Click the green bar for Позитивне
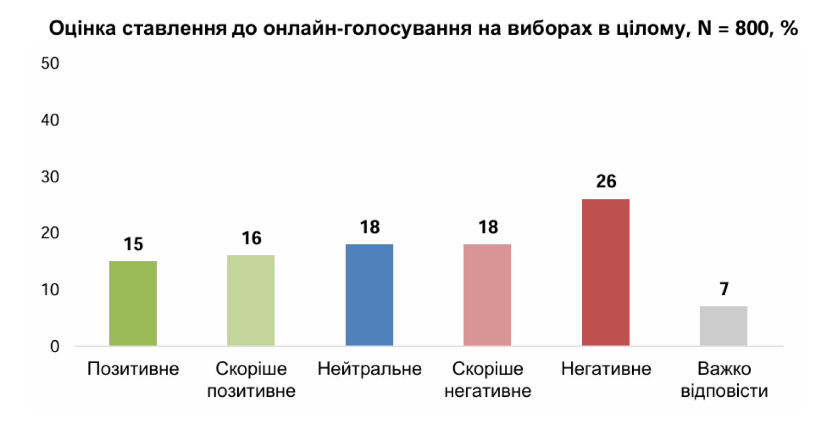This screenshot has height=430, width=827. click(133, 303)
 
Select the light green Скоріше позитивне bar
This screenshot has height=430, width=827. click(251, 300)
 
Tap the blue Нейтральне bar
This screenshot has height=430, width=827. click(369, 294)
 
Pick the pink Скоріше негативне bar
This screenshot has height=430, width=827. click(487, 294)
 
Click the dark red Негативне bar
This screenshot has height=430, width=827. click(606, 272)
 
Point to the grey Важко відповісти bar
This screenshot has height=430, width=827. click(724, 325)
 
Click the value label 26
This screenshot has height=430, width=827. click(606, 181)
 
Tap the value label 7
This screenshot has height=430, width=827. click(724, 289)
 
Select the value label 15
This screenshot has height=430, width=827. click(133, 244)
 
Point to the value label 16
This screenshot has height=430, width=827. click(251, 238)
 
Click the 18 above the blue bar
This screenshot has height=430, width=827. click(369, 227)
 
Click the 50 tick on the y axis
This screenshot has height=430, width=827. click(50, 63)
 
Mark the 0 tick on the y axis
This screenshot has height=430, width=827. click(54, 346)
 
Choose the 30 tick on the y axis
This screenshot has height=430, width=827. click(50, 177)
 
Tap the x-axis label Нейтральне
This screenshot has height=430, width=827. click(369, 369)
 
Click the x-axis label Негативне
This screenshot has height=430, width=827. click(606, 369)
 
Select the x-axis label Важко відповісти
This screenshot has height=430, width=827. click(724, 380)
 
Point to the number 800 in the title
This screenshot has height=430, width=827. click(751, 28)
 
